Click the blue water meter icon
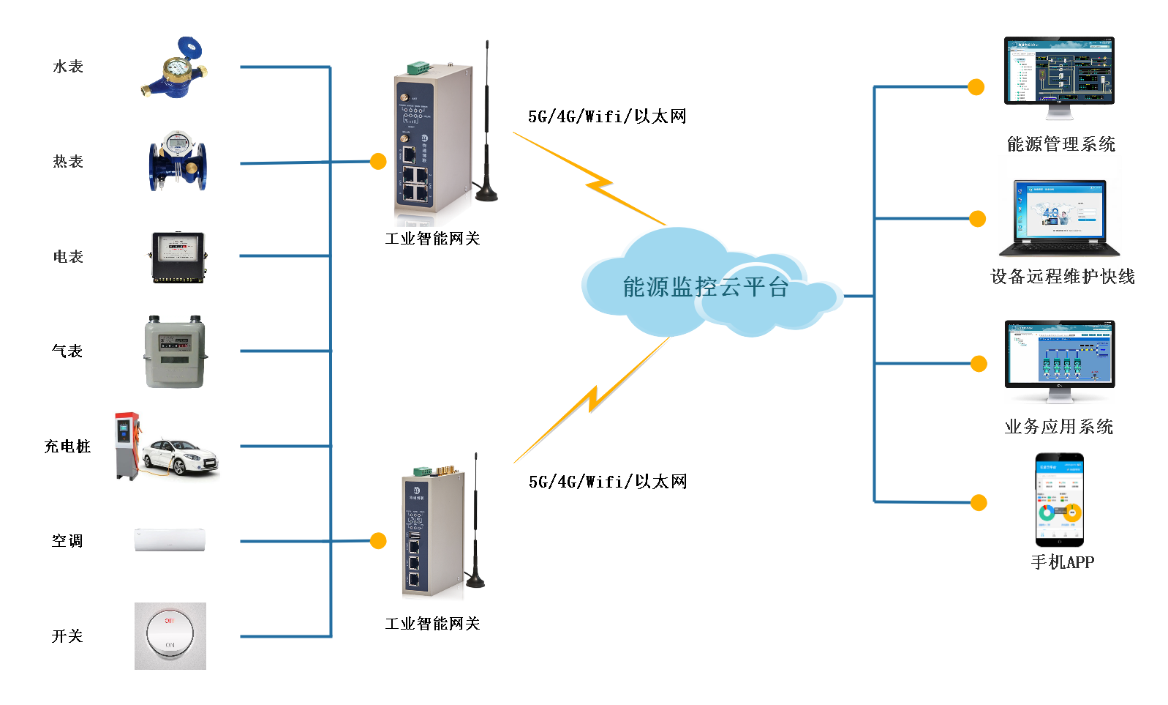[x=176, y=68]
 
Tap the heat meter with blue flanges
[x=178, y=162]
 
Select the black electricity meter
[x=178, y=257]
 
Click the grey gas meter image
[x=176, y=352]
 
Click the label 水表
[x=68, y=67]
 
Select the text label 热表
[x=68, y=162]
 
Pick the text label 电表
[x=68, y=257]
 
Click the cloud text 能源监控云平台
[x=705, y=287]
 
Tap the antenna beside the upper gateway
[x=487, y=124]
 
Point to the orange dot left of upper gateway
[x=378, y=161]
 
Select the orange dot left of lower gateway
[x=378, y=540]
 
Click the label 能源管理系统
[x=1060, y=144]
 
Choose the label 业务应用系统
[x=1058, y=427]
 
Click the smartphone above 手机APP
[x=1059, y=501]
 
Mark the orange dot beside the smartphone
[x=979, y=502]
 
